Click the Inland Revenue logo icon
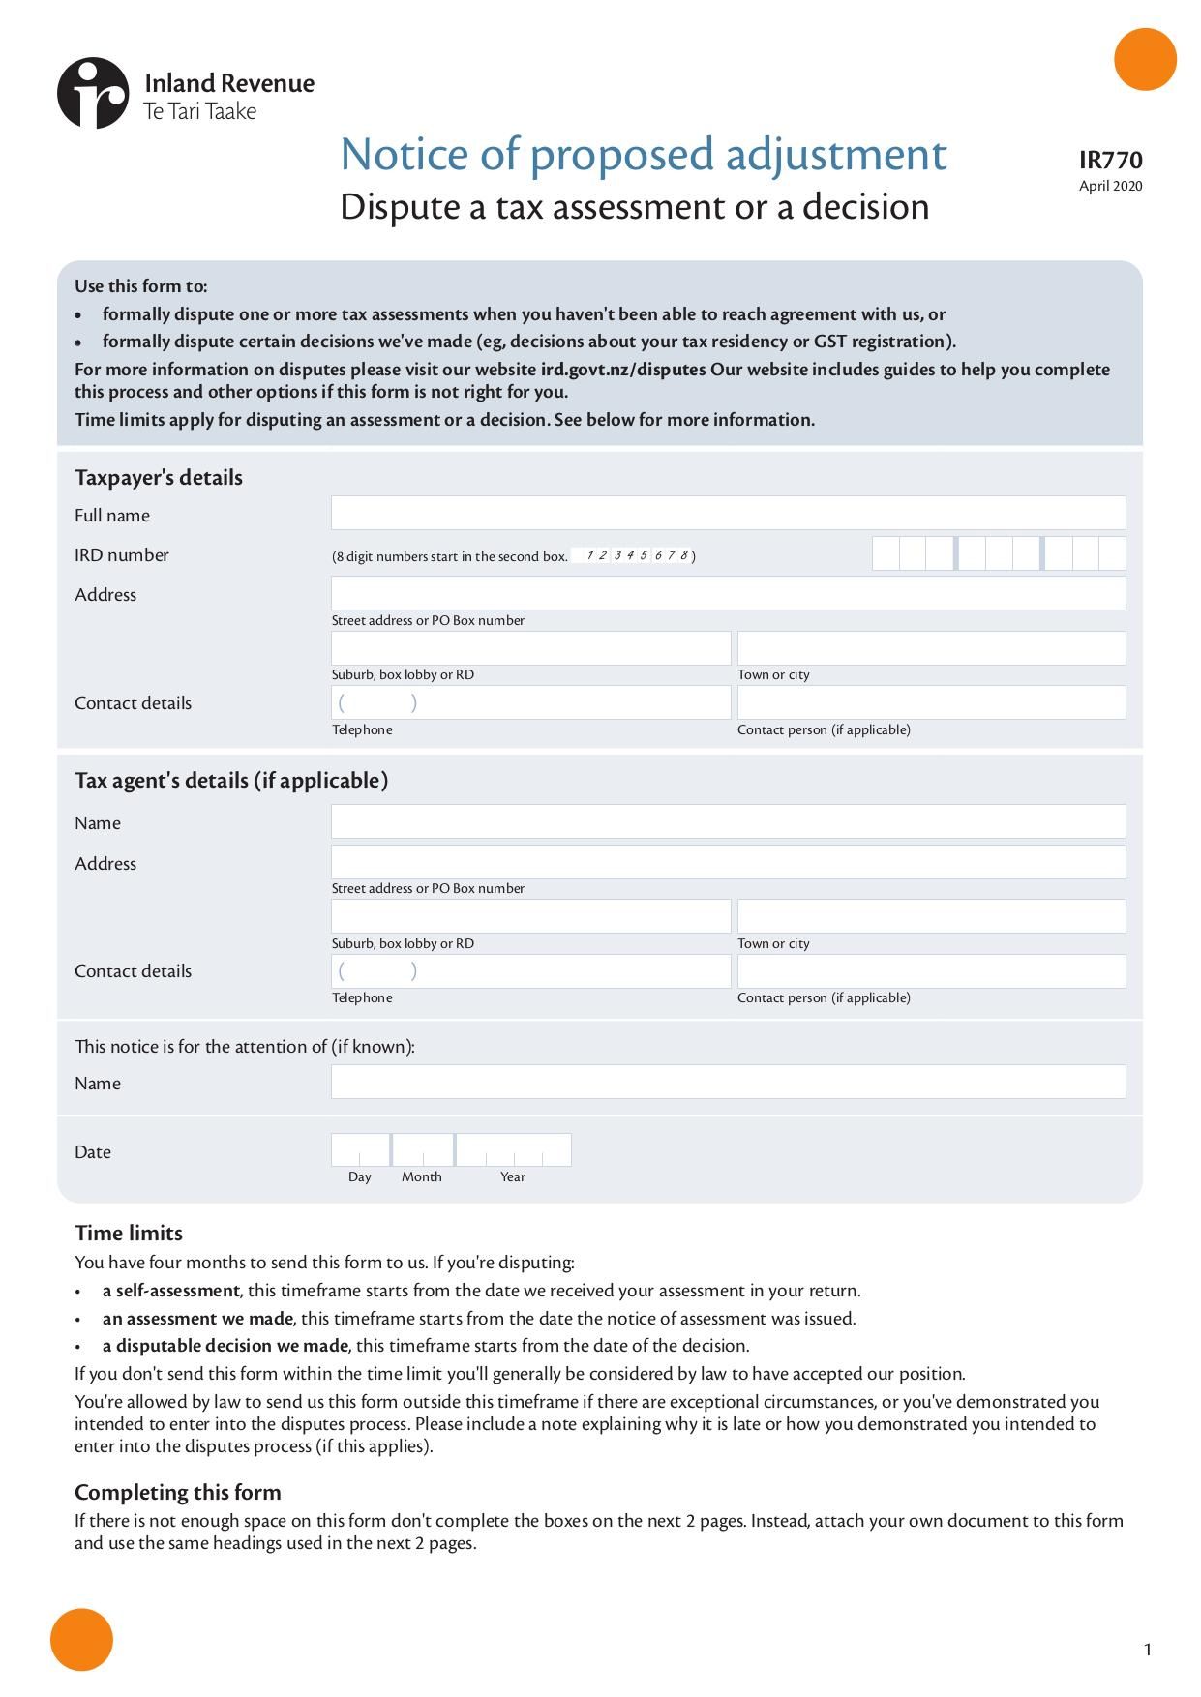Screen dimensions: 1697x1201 click(x=93, y=93)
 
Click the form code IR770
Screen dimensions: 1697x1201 click(x=1110, y=161)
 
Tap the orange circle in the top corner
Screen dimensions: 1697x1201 click(x=1145, y=60)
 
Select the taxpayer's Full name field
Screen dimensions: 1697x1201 click(x=728, y=513)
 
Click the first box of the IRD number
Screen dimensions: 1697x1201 click(x=886, y=553)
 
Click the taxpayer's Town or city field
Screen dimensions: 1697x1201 click(x=931, y=648)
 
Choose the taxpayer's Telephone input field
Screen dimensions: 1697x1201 click(x=530, y=702)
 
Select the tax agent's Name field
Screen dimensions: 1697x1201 click(x=728, y=821)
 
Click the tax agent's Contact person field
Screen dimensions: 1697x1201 click(x=931, y=971)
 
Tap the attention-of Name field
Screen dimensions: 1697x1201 click(x=728, y=1082)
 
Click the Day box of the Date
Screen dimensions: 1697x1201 click(x=360, y=1150)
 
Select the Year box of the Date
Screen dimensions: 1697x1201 click(x=513, y=1150)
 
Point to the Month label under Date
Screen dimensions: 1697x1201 click(x=422, y=1177)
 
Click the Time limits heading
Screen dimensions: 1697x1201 click(x=129, y=1233)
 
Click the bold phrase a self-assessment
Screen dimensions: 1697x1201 click(x=171, y=1291)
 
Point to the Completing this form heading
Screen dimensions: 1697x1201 click(x=178, y=1492)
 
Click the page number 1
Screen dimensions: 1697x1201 click(x=1148, y=1650)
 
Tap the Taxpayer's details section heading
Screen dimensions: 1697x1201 click(x=159, y=478)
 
